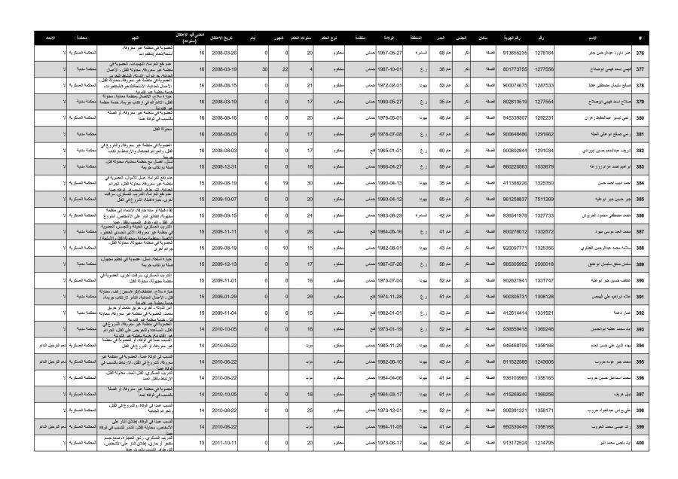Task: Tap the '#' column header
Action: [640, 37]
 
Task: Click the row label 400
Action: [640, 443]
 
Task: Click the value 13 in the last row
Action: [201, 443]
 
